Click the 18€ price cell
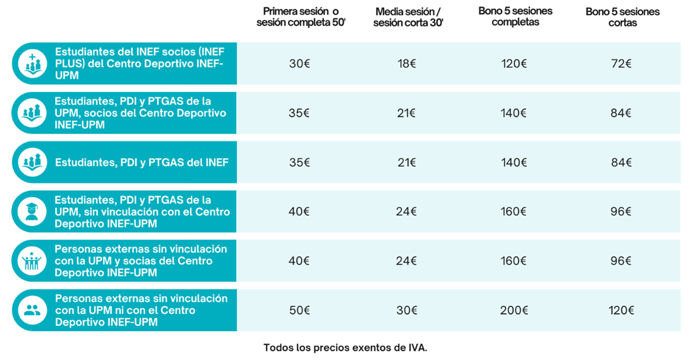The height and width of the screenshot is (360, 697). pos(407,64)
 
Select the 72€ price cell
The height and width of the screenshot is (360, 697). pos(621,64)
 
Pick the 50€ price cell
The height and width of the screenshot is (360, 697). pos(299,310)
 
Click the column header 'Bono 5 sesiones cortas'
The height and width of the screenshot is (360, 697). pos(622,17)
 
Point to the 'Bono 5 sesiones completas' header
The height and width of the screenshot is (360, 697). pos(515,16)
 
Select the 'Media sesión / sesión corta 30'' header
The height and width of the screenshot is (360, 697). pos(409,17)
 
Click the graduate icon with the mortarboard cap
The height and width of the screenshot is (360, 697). pos(32,211)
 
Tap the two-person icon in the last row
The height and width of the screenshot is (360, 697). pos(32,310)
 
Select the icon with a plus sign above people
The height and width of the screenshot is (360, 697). pos(32,63)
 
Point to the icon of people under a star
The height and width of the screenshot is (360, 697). pos(32,261)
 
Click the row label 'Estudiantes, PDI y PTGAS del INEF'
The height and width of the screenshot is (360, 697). pos(142,163)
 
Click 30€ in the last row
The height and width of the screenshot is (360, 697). pos(407,310)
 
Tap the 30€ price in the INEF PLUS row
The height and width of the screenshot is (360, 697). pos(299,64)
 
